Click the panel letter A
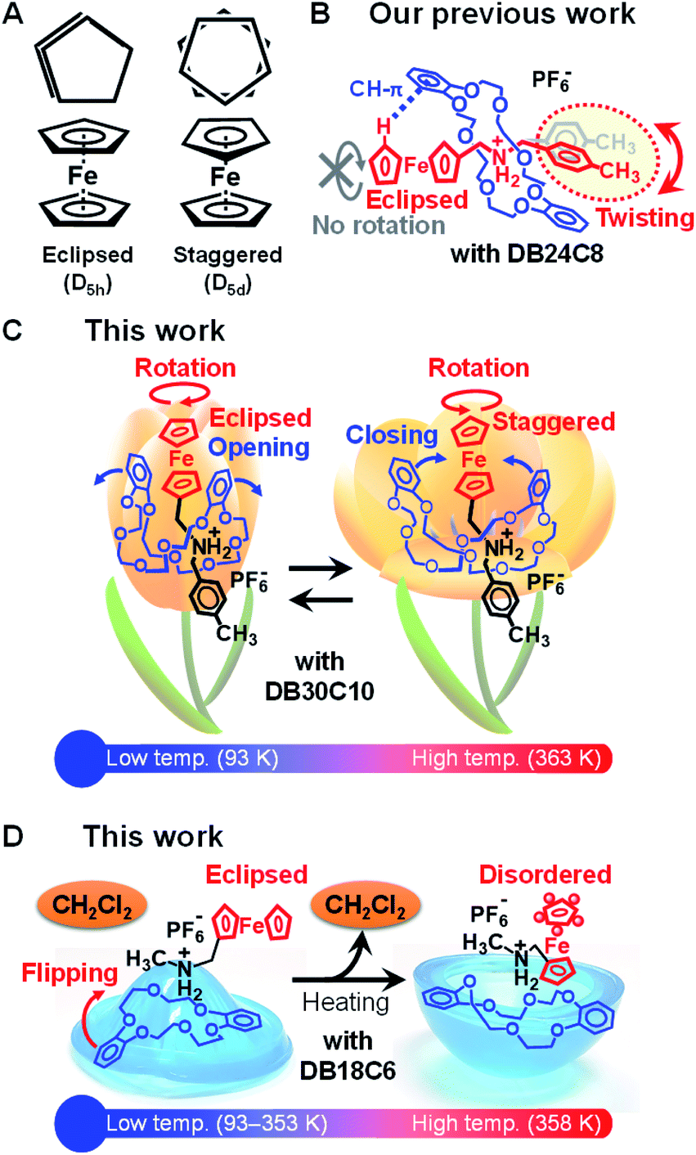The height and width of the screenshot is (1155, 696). [x=18, y=18]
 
